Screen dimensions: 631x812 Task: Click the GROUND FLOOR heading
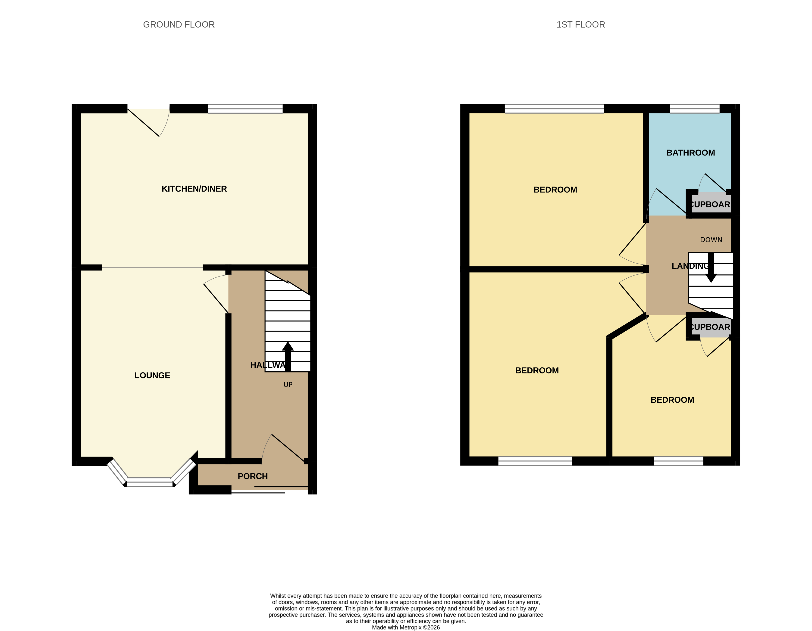pyautogui.click(x=179, y=25)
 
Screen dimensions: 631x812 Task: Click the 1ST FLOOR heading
pyautogui.click(x=580, y=25)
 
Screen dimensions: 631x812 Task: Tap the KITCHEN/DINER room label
pyautogui.click(x=194, y=189)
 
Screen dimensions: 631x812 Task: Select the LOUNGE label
pyautogui.click(x=152, y=375)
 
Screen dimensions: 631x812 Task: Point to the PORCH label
pyautogui.click(x=252, y=476)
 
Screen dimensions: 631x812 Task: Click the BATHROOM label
pyautogui.click(x=690, y=153)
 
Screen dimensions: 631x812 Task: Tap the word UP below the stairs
pyautogui.click(x=288, y=385)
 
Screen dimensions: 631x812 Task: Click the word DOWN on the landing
pyautogui.click(x=711, y=240)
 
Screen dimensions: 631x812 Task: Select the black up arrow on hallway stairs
pyautogui.click(x=288, y=356)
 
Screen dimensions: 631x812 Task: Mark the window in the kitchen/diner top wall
pyautogui.click(x=245, y=109)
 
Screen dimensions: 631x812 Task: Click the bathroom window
pyautogui.click(x=695, y=109)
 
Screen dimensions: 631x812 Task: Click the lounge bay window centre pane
pyautogui.click(x=150, y=484)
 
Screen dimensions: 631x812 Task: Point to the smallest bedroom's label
pyautogui.click(x=672, y=400)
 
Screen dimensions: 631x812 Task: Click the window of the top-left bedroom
pyautogui.click(x=554, y=109)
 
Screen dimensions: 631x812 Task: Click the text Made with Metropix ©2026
pyautogui.click(x=406, y=627)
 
